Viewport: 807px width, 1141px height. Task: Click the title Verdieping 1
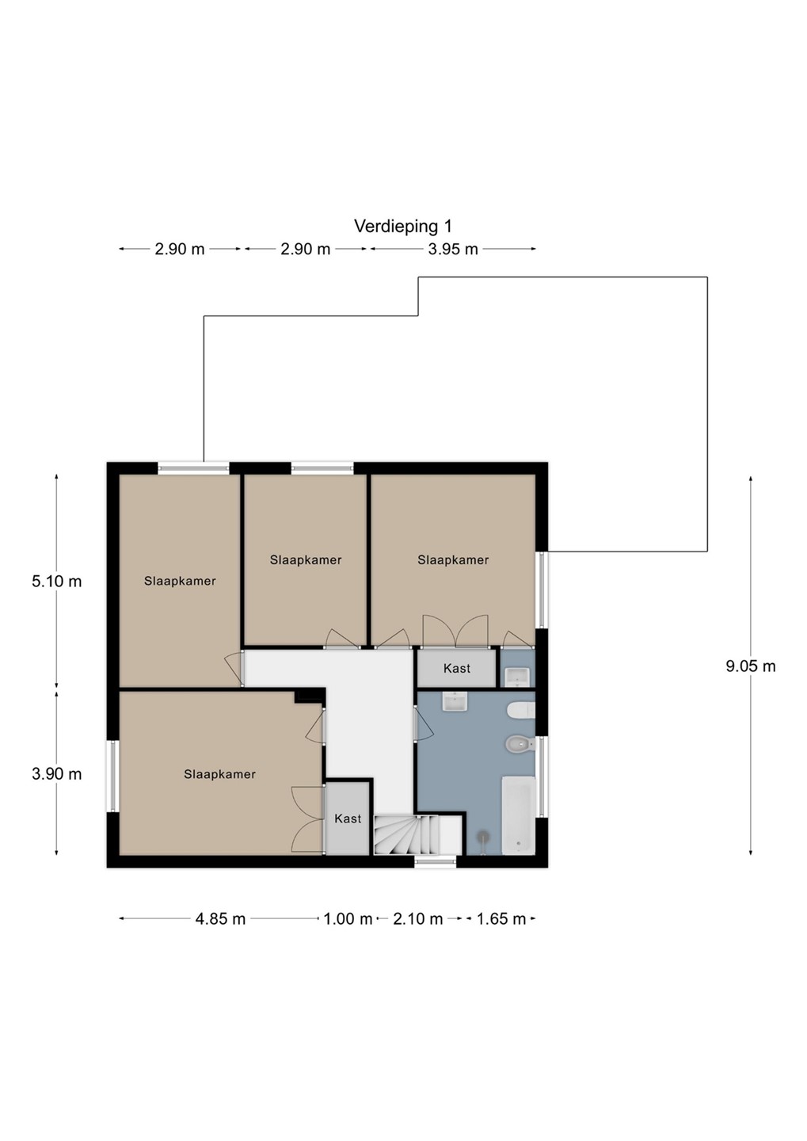403,227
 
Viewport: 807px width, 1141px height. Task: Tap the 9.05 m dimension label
751,666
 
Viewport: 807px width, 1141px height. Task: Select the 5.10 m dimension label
56,582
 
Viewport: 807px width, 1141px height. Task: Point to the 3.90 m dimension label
56,773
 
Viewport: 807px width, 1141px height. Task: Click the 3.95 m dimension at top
453,249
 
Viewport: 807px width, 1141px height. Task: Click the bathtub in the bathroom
518,815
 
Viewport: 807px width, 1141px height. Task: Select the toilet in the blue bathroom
521,710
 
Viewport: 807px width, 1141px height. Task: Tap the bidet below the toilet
520,744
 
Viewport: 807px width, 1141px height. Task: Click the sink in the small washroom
517,677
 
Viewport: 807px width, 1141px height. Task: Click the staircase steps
406,834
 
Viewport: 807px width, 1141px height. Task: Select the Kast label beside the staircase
348,819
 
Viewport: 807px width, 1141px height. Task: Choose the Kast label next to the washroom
457,668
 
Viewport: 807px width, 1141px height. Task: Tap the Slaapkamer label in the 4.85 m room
219,774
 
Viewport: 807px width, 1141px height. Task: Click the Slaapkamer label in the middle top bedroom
306,560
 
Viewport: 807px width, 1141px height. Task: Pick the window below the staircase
435,861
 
